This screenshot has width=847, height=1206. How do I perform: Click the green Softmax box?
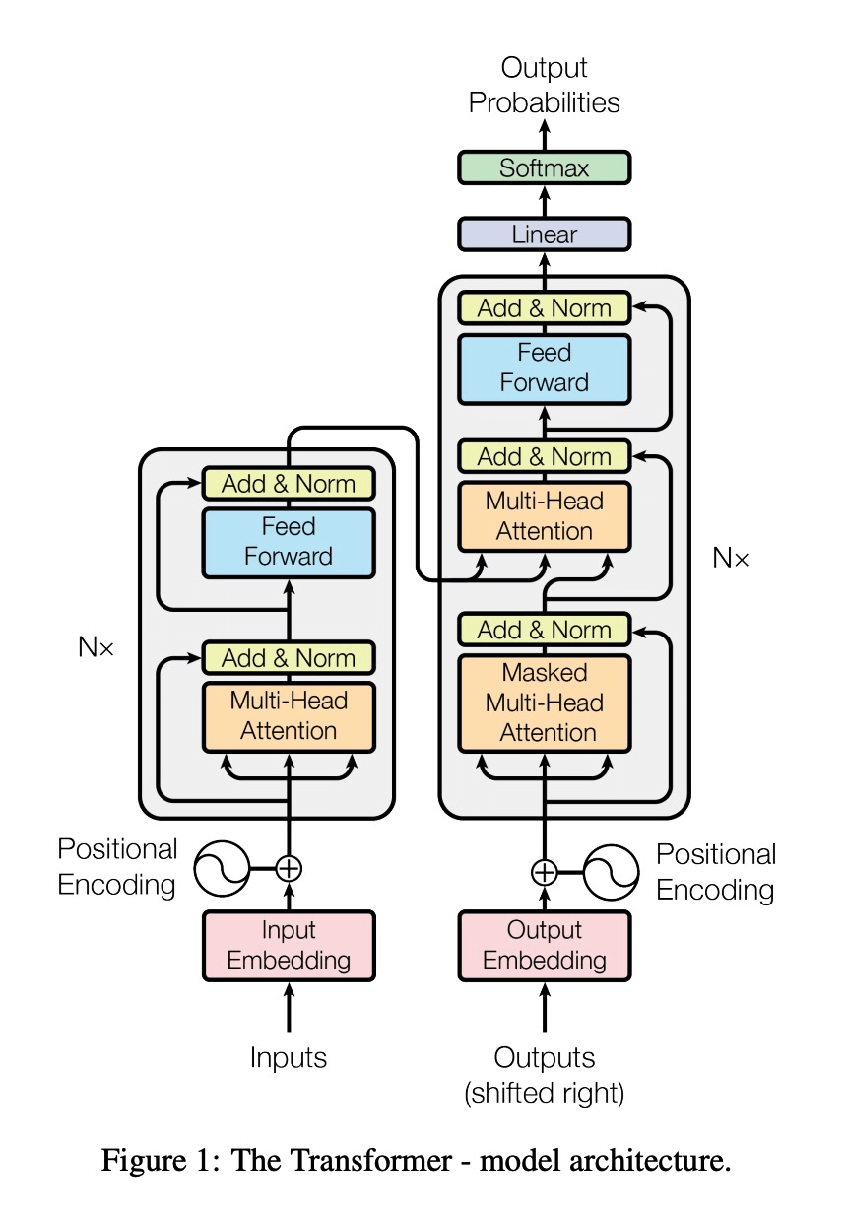pyautogui.click(x=544, y=167)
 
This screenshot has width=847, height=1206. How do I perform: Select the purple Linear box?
pyautogui.click(x=544, y=234)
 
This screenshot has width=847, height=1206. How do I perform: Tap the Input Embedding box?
pyautogui.click(x=289, y=946)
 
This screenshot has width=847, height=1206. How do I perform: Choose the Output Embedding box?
pyautogui.click(x=544, y=946)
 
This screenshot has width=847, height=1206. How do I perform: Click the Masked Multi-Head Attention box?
pyautogui.click(x=544, y=703)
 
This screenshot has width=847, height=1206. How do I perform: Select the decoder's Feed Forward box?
pyautogui.click(x=544, y=368)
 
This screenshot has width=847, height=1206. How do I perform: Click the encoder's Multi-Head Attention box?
pyautogui.click(x=289, y=716)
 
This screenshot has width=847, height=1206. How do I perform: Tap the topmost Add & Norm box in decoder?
pyautogui.click(x=544, y=308)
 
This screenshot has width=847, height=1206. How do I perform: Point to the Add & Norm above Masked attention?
pyautogui.click(x=544, y=630)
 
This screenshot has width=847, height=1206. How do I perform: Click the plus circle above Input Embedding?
pyautogui.click(x=289, y=868)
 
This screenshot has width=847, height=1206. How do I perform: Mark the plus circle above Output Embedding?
pyautogui.click(x=544, y=872)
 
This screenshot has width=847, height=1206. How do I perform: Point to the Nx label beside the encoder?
pyautogui.click(x=96, y=646)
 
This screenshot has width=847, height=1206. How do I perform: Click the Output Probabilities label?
pyautogui.click(x=544, y=85)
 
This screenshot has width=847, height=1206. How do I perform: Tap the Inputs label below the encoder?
pyautogui.click(x=289, y=1058)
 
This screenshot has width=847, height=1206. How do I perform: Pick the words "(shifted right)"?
pyautogui.click(x=544, y=1094)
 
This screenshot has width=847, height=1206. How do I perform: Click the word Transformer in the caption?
pyautogui.click(x=342, y=1161)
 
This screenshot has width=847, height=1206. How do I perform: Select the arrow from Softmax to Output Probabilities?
pyautogui.click(x=544, y=135)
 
